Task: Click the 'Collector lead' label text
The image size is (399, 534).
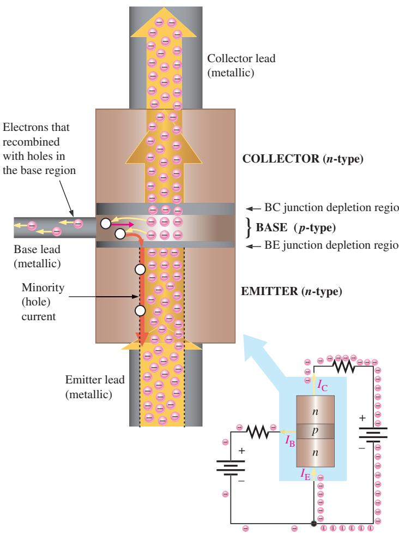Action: point(241,58)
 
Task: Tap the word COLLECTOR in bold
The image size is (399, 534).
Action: point(281,159)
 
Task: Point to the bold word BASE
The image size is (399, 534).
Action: point(271,227)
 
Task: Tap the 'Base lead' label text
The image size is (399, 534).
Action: point(37,249)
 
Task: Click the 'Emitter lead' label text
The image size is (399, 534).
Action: point(95,380)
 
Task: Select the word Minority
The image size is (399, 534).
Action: point(43,287)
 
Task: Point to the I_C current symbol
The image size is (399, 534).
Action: point(322,386)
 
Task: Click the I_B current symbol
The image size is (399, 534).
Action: point(290,441)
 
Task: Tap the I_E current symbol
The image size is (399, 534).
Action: point(305,474)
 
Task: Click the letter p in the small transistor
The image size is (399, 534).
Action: point(315,431)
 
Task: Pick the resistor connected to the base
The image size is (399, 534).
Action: point(258,432)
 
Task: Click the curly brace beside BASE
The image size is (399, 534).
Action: point(249,227)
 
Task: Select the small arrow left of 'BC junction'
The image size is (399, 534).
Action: point(253,208)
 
